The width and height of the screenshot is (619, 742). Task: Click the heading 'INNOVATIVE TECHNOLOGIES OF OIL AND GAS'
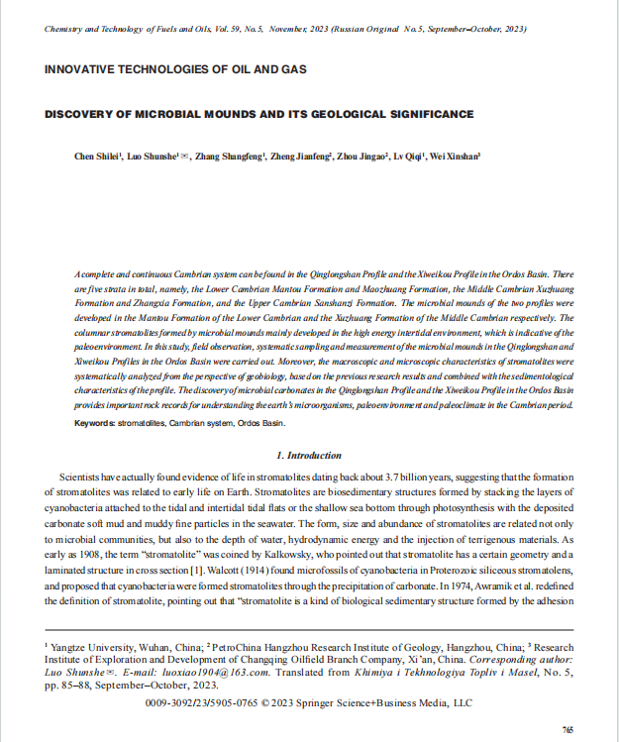click(175, 69)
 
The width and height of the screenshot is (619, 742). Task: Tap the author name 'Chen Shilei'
click(97, 157)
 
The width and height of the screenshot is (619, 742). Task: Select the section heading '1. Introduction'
click(309, 455)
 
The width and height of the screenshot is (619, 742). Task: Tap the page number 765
click(567, 729)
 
